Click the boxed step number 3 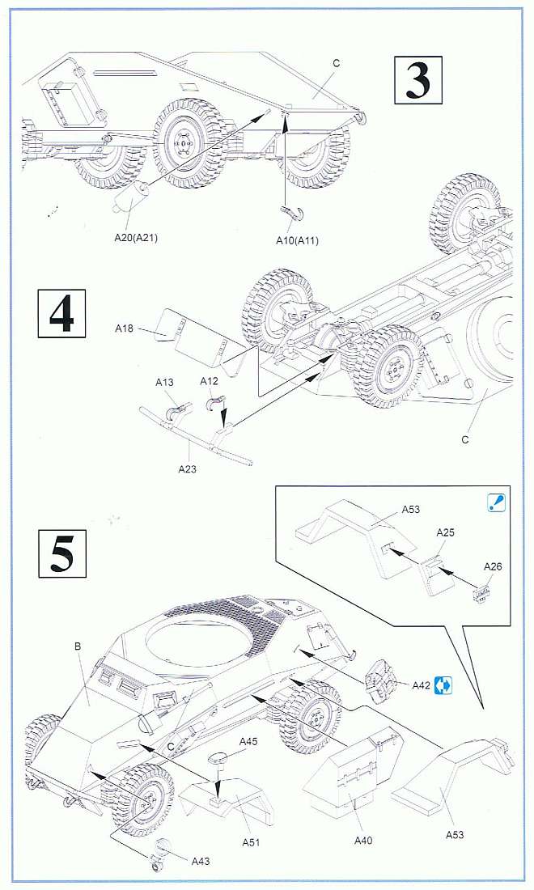point(417,80)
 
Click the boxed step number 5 point(61,553)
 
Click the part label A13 point(165,381)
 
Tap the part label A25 point(446,532)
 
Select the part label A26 point(493,566)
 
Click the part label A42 point(421,685)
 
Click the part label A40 point(364,841)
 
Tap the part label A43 point(199,861)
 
